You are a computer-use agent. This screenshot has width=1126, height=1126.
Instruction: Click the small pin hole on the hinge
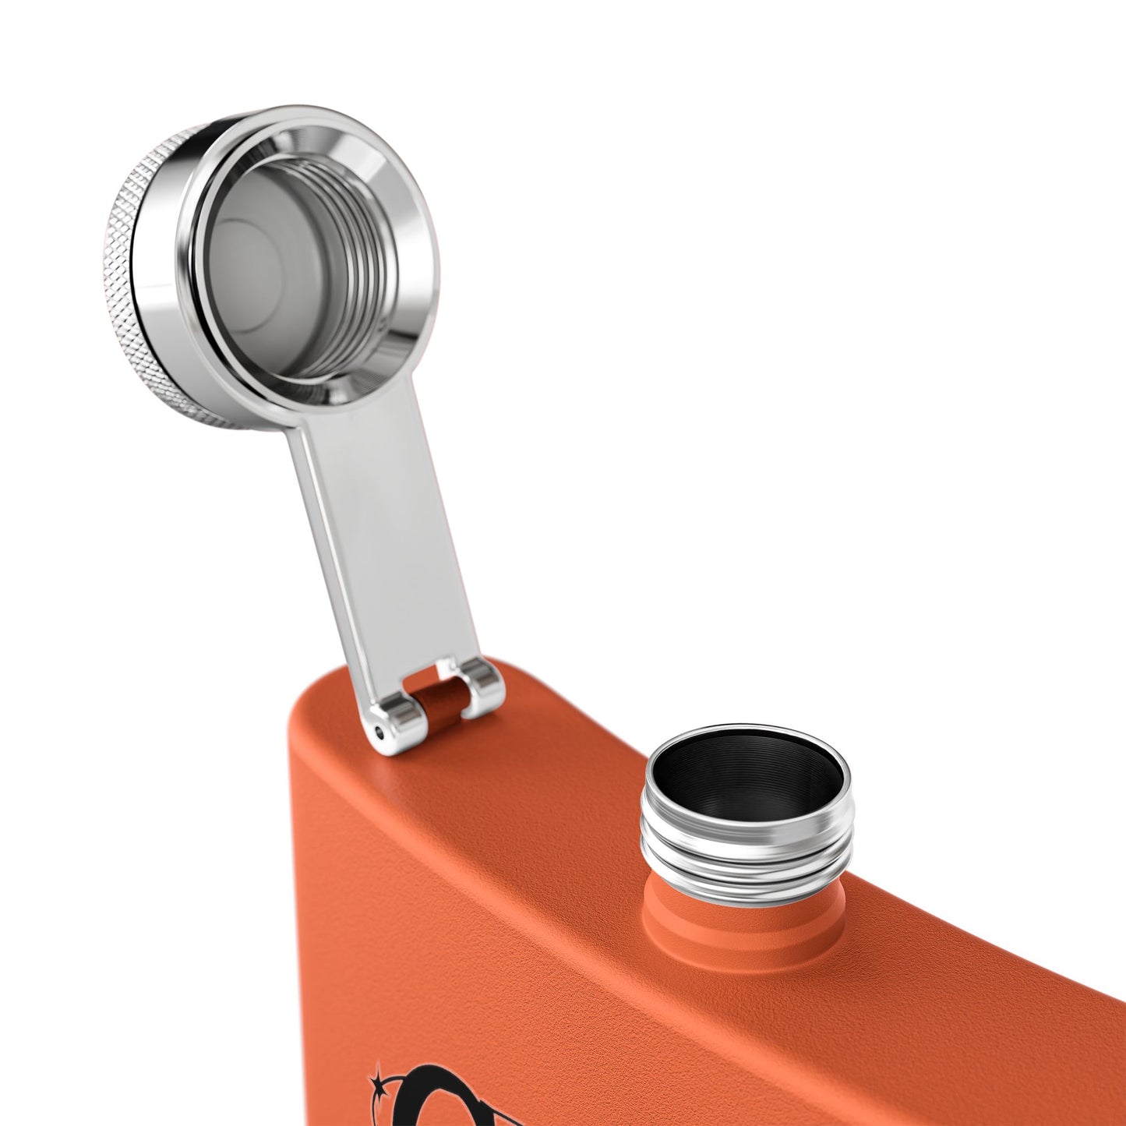[379, 732]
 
